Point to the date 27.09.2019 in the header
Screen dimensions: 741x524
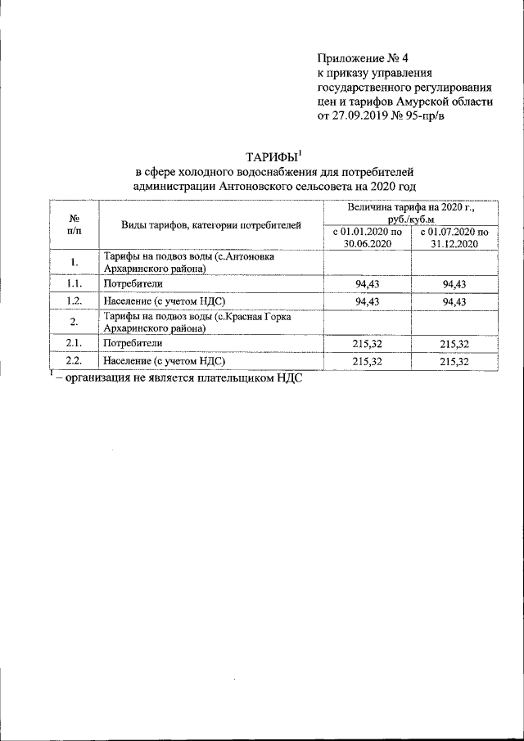coord(359,116)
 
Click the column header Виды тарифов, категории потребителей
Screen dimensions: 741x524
coord(211,225)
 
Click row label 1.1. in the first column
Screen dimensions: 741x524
coord(74,283)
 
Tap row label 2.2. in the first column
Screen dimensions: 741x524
coord(74,360)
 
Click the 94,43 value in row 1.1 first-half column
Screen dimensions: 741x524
coord(367,283)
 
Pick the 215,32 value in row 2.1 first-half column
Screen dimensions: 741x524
coord(367,343)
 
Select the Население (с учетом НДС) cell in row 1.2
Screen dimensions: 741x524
coord(164,301)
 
